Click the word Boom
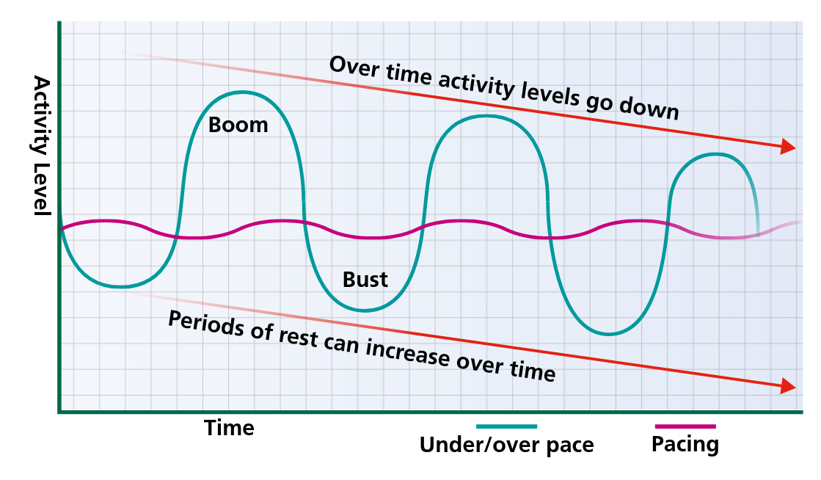pyautogui.click(x=238, y=126)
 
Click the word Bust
pyautogui.click(x=365, y=280)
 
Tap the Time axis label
pyautogui.click(x=229, y=428)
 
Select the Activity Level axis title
pyautogui.click(x=42, y=145)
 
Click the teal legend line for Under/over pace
pyautogui.click(x=506, y=426)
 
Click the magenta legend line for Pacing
pyautogui.click(x=685, y=426)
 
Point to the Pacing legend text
pyautogui.click(x=685, y=445)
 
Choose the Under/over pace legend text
pyautogui.click(x=506, y=446)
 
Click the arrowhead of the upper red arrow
pyautogui.click(x=787, y=146)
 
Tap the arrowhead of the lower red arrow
pyautogui.click(x=787, y=385)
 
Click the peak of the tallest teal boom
pyautogui.click(x=242, y=92)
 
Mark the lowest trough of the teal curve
pyautogui.click(x=607, y=334)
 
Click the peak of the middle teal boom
pyautogui.click(x=487, y=117)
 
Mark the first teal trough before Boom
pyautogui.click(x=120, y=287)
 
